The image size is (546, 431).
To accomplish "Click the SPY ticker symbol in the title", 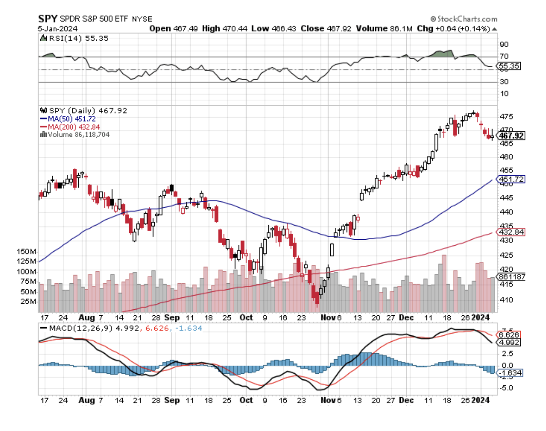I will click(47, 19).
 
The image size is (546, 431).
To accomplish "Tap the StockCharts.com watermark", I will click(464, 19).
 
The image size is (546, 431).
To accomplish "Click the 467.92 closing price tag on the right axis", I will click(512, 135).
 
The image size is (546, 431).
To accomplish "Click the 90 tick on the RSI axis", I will click(503, 45).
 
